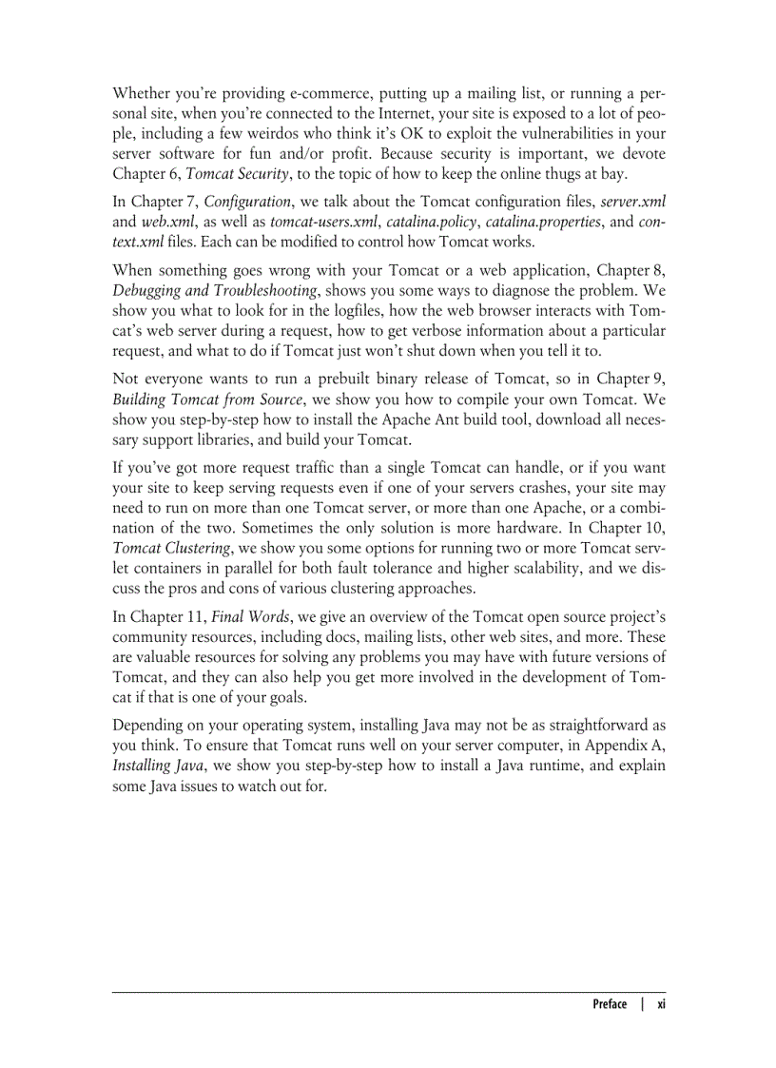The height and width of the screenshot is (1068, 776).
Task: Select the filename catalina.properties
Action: [542, 222]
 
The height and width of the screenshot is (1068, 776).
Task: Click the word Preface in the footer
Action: [610, 1004]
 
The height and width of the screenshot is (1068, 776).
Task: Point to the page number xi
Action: [661, 1004]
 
